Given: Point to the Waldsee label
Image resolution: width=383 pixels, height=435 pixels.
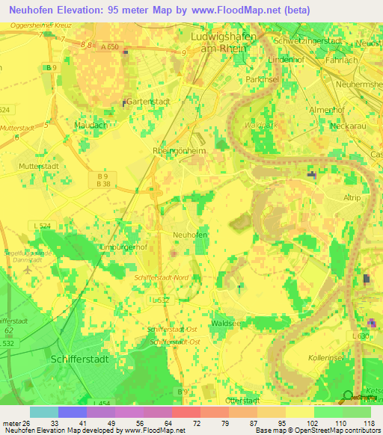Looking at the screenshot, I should (x=226, y=323).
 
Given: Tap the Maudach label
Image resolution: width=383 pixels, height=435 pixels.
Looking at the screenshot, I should (x=89, y=125).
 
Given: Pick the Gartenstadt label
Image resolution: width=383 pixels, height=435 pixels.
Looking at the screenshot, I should (x=150, y=101).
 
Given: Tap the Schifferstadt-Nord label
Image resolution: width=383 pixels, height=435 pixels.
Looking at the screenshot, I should (x=162, y=276).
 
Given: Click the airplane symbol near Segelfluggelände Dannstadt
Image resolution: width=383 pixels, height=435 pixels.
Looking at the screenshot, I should (x=29, y=270).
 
